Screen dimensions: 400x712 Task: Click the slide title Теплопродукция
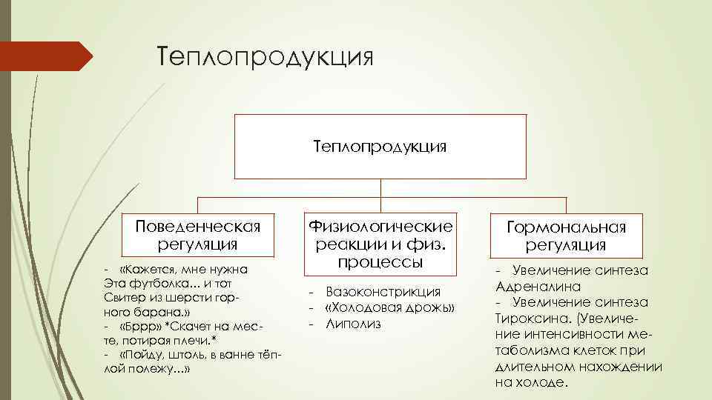click(x=264, y=57)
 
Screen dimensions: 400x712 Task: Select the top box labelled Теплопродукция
click(x=380, y=147)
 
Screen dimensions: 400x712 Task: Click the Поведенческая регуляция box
click(x=197, y=234)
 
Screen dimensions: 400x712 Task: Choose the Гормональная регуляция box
click(x=566, y=236)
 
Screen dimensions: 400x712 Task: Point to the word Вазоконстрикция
click(x=383, y=292)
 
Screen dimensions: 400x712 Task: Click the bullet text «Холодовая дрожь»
click(x=389, y=308)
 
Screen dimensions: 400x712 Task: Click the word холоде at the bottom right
click(x=544, y=383)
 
